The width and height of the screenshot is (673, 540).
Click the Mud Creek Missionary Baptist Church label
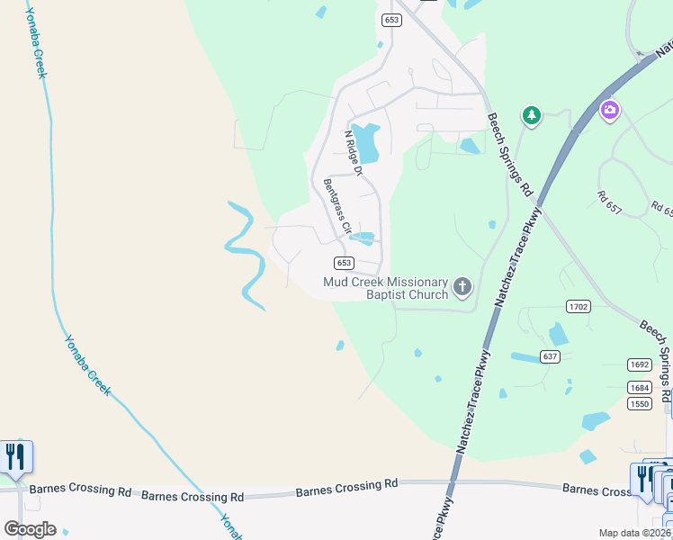(x=385, y=288)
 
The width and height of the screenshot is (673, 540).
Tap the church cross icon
(x=462, y=287)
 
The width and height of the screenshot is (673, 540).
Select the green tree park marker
(x=532, y=115)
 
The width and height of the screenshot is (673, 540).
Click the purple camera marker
(x=609, y=111)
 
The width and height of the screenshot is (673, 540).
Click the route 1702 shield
(x=578, y=307)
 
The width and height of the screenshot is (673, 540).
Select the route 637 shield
(x=551, y=356)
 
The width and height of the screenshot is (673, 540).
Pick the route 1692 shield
(x=639, y=364)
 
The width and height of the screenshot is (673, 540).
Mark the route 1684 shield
(x=639, y=387)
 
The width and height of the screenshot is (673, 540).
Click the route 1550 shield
(x=639, y=404)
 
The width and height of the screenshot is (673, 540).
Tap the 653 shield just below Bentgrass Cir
(x=343, y=263)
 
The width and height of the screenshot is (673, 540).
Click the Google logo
(x=30, y=528)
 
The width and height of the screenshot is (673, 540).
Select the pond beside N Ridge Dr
(x=365, y=141)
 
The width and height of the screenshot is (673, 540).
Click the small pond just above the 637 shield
(x=559, y=335)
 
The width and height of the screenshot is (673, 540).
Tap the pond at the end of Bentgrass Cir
(x=363, y=238)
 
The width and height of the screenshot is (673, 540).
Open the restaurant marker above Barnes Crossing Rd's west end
(x=15, y=457)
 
